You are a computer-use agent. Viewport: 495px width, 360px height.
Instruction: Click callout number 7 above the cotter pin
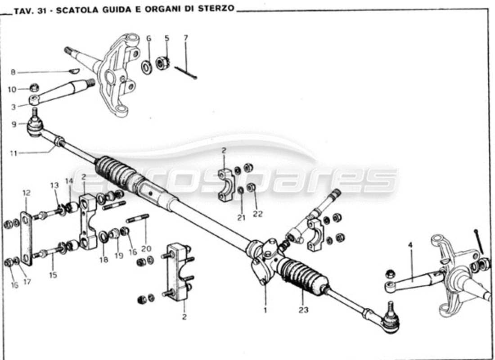click(x=185, y=38)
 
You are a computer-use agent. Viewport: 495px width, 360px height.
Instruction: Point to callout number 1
click(x=265, y=310)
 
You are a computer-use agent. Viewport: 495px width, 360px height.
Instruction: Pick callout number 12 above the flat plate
click(x=26, y=193)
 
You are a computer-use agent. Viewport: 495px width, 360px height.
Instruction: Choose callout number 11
click(x=13, y=153)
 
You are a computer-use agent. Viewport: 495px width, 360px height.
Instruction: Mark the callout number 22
click(x=257, y=214)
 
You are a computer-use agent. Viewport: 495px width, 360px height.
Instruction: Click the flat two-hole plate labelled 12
click(x=27, y=238)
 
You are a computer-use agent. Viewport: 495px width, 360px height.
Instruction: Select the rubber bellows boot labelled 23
click(x=302, y=276)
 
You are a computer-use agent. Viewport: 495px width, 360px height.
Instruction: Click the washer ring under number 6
click(x=147, y=67)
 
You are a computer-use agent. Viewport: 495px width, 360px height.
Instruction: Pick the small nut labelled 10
click(x=34, y=88)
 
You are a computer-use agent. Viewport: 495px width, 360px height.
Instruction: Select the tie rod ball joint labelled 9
click(x=35, y=126)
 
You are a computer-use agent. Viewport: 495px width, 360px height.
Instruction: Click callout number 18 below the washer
click(x=104, y=260)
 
